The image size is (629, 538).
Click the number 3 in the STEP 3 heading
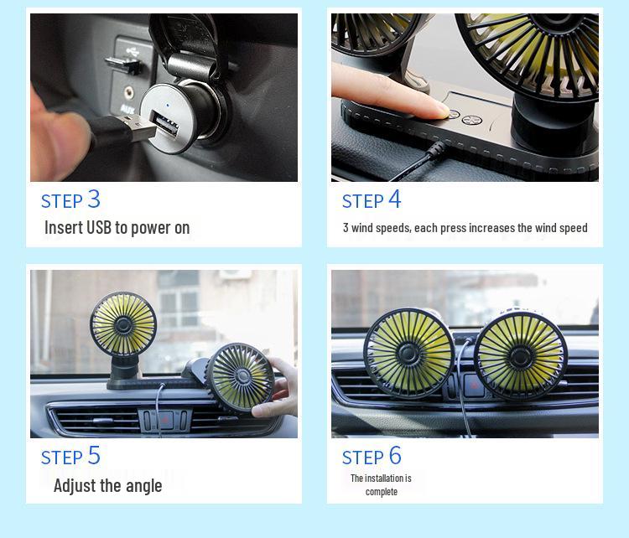click(94, 199)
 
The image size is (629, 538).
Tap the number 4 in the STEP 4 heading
click(394, 199)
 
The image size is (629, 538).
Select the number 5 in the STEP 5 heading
click(94, 456)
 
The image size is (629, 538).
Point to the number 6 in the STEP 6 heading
click(395, 456)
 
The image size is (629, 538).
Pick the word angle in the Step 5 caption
click(142, 485)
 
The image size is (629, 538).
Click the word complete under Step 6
click(381, 492)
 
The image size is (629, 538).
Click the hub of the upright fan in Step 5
click(123, 325)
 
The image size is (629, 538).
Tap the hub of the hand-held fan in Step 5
click(241, 378)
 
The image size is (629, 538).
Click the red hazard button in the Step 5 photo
click(167, 419)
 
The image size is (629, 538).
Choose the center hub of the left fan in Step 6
click(410, 353)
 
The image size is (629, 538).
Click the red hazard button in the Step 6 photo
click(475, 387)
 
